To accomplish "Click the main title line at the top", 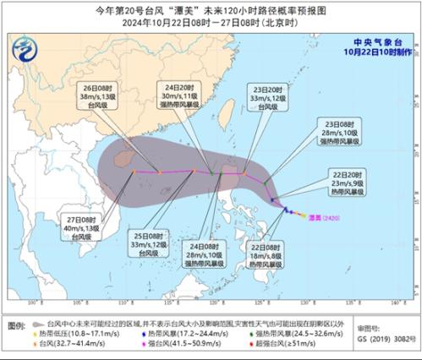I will [211, 11].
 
